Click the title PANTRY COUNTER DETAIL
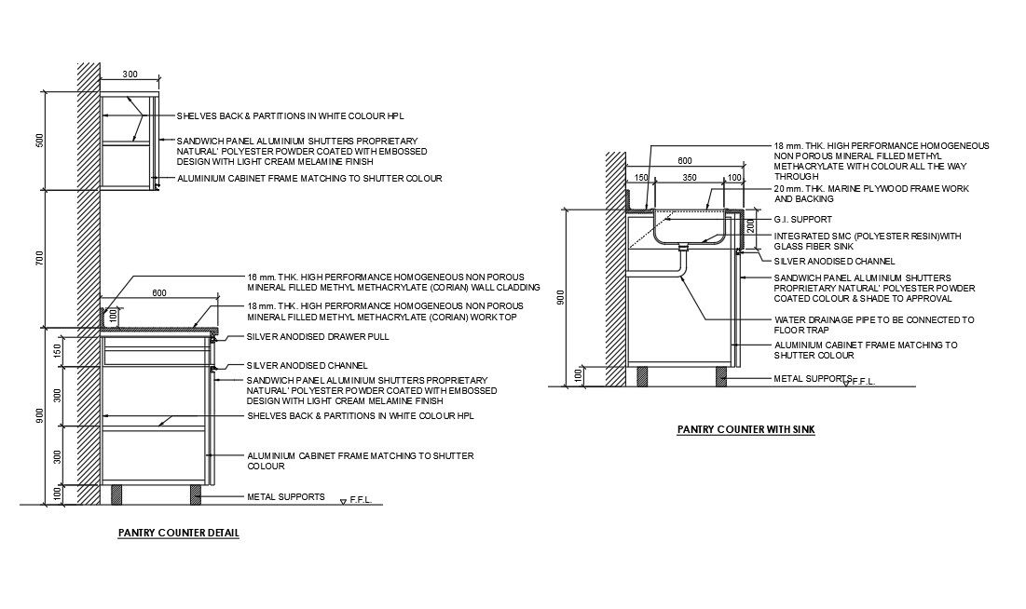178,534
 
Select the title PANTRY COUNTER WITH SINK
746,430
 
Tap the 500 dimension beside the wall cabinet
39,140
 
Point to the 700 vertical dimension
39,259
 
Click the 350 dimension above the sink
690,177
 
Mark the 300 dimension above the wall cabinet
130,74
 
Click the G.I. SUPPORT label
803,220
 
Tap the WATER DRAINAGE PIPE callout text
874,324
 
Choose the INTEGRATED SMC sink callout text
868,241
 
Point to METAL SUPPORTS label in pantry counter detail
285,496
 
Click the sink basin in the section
690,228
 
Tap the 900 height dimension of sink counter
559,296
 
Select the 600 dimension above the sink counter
685,160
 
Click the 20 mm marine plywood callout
871,194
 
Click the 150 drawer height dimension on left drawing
58,350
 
